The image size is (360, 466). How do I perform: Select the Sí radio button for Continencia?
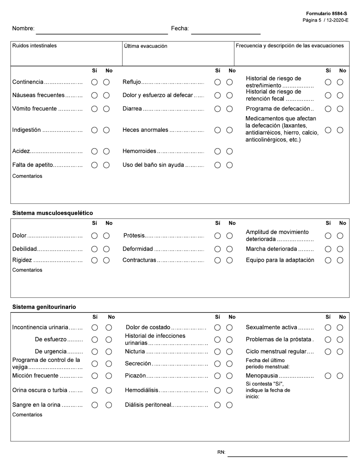(x=94, y=82)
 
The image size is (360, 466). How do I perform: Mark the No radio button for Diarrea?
(x=230, y=109)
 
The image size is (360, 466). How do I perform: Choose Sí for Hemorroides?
(x=218, y=151)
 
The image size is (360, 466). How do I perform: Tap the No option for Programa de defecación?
(x=340, y=109)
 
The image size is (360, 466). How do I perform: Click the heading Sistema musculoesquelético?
(x=52, y=213)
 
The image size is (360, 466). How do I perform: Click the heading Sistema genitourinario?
(x=44, y=307)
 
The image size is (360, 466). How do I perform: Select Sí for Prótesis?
(x=218, y=236)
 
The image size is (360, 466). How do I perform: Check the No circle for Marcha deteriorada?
(x=340, y=249)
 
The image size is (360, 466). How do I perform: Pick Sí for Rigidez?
(x=94, y=260)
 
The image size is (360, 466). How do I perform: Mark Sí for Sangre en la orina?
(x=95, y=405)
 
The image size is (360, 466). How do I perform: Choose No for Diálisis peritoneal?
(x=230, y=405)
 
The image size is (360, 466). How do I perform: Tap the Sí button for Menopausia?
(x=328, y=376)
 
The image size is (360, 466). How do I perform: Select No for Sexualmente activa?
(x=340, y=327)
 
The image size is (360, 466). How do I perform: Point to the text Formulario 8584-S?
(x=326, y=14)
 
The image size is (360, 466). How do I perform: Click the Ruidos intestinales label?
(x=34, y=45)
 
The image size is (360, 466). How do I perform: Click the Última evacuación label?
(x=146, y=46)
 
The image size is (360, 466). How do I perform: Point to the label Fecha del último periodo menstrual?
(x=268, y=363)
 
